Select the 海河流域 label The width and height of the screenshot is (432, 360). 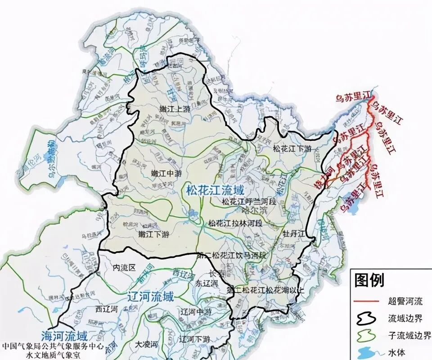(x=64, y=336)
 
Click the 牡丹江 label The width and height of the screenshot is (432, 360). (x=294, y=234)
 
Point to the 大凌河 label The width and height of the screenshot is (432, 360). (x=147, y=344)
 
